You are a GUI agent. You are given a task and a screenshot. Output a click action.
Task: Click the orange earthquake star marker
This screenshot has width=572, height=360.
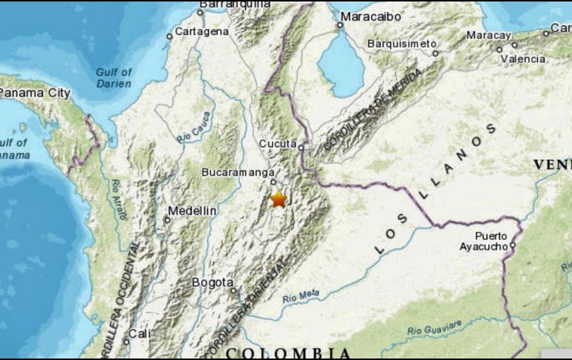point(279,199)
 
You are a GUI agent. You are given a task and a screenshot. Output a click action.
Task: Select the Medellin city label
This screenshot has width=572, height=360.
point(192,211)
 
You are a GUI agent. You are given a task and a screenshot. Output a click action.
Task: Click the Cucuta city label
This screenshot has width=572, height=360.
point(278,143)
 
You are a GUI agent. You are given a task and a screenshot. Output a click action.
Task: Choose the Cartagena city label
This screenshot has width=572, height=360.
point(202,31)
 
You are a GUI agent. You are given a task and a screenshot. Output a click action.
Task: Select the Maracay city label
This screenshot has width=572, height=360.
point(489,35)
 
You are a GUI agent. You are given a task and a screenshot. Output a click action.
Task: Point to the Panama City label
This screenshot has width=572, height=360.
point(34,93)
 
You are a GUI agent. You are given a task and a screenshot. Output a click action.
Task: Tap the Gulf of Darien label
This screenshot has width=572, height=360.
point(114,77)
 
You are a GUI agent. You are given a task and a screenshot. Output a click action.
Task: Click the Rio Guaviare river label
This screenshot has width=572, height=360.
point(435,327)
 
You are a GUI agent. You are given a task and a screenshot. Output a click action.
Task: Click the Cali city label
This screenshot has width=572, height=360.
point(139,334)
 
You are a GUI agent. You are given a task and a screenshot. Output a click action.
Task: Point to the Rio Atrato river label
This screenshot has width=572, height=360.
point(119,200)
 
